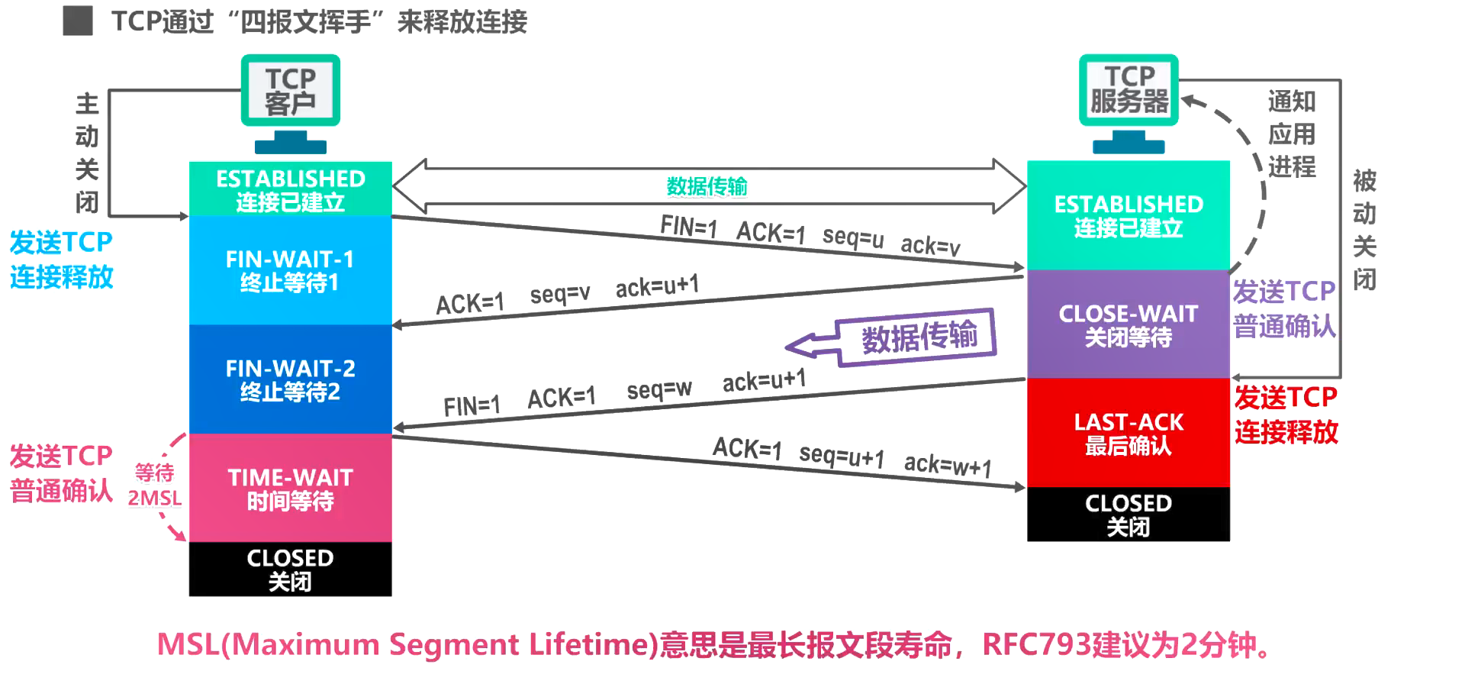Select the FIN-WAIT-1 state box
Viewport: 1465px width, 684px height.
tap(290, 270)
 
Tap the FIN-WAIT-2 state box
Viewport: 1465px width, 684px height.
tap(290, 379)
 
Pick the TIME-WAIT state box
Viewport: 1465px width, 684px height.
tap(290, 489)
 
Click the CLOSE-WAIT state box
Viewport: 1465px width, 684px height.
tap(1128, 324)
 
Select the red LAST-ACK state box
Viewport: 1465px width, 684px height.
tap(1128, 433)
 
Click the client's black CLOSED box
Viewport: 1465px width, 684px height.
tap(290, 569)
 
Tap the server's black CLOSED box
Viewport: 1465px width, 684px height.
tap(1128, 515)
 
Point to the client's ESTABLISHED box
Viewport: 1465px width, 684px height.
tap(290, 189)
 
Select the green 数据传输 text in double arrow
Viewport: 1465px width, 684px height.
tap(707, 186)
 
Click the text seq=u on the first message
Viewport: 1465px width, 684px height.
tap(852, 237)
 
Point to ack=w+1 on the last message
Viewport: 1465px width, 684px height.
tap(947, 463)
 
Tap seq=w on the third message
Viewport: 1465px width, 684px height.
tap(659, 390)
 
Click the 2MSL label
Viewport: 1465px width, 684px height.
tap(154, 498)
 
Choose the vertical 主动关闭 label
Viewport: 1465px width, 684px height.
tap(87, 153)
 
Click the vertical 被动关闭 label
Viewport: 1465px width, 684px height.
tap(1364, 230)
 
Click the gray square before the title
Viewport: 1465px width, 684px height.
tap(78, 21)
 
